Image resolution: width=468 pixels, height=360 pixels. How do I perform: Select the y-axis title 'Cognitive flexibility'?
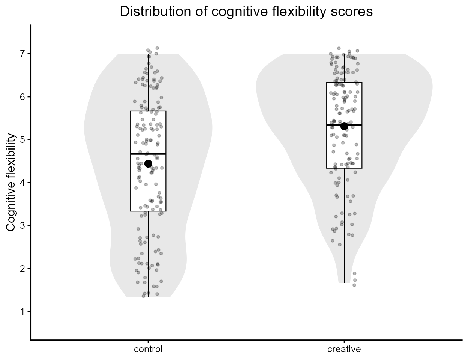(12, 183)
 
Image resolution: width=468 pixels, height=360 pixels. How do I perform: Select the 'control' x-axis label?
(148, 349)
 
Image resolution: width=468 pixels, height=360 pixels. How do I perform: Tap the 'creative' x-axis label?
(344, 349)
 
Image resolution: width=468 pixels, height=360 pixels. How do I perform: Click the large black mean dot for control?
(148, 163)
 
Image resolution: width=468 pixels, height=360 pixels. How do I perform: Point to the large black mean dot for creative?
(344, 126)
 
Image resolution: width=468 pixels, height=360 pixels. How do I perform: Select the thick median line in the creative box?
(336, 125)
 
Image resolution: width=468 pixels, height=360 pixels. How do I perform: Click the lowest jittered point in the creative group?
(354, 285)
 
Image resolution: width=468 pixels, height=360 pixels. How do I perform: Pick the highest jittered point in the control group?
(157, 48)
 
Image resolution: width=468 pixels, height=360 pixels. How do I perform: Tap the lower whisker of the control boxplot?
(148, 255)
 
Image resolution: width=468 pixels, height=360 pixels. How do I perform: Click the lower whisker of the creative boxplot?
(344, 225)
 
